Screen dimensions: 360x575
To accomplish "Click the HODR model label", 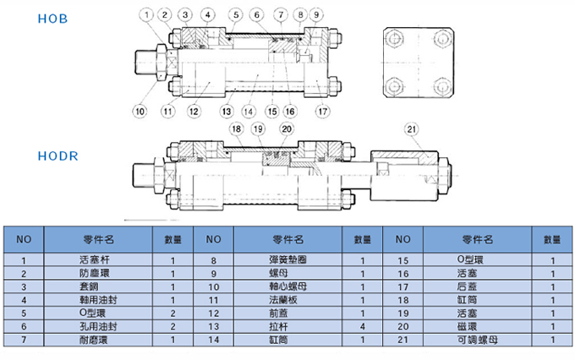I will [57, 155].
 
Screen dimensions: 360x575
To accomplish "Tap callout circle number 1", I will [148, 14].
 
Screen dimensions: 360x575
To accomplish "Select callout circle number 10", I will [140, 110].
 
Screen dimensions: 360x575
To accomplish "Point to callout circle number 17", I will [322, 110].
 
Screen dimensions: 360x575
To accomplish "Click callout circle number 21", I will [412, 128].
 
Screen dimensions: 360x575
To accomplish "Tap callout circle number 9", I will [316, 14].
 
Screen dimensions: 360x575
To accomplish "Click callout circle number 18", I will [235, 128].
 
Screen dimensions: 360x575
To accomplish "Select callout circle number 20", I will [286, 128].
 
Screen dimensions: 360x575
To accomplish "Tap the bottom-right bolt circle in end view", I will [441, 86].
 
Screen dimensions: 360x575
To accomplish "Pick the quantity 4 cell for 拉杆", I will [362, 326].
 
